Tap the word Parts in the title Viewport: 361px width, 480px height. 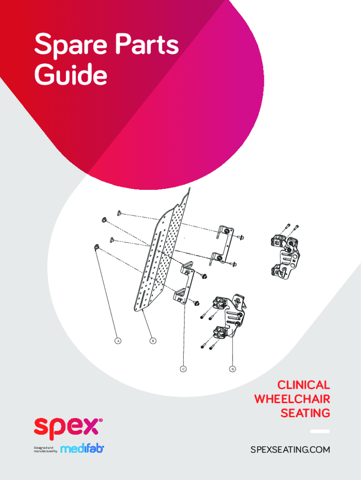(x=147, y=44)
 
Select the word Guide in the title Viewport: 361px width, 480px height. (x=71, y=74)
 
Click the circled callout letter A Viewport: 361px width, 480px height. (x=118, y=340)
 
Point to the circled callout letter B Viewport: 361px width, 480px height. (x=153, y=340)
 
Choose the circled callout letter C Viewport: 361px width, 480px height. (x=183, y=369)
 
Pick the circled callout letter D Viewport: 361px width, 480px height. (x=233, y=369)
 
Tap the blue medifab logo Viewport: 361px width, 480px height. (x=82, y=449)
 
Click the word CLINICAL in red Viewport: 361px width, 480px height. (x=303, y=385)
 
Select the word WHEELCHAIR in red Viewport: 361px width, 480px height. (x=292, y=399)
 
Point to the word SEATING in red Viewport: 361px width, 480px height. (x=305, y=413)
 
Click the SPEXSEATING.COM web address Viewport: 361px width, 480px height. (x=290, y=450)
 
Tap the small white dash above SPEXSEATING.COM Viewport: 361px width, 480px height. (x=320, y=431)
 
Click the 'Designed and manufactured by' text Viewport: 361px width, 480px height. (x=45, y=450)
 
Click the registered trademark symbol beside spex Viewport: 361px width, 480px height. (x=101, y=420)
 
